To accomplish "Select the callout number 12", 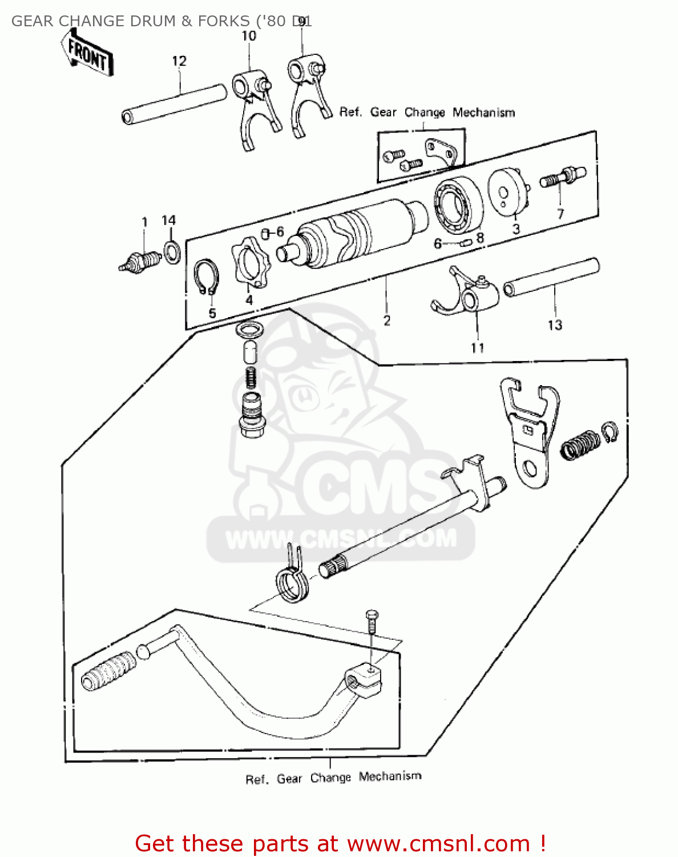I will tap(179, 61).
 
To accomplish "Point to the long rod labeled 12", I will tap(175, 103).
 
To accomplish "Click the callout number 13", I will tap(555, 325).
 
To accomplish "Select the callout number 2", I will tap(387, 321).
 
